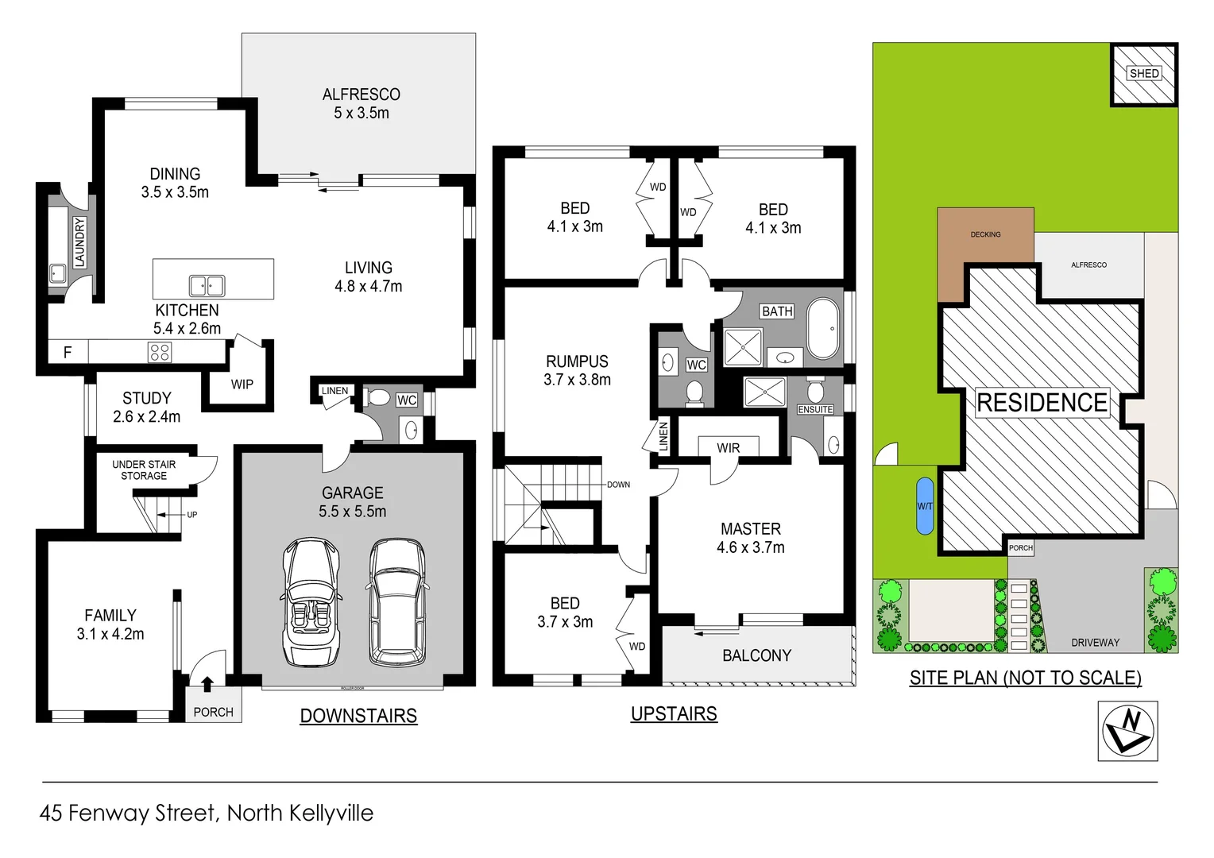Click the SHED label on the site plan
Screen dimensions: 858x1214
point(1144,73)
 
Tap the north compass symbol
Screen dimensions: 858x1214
point(1127,731)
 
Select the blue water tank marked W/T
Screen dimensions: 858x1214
point(925,506)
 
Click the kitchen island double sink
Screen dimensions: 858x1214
point(207,285)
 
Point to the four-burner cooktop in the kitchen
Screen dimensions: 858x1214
point(160,352)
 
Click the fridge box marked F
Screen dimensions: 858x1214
point(68,352)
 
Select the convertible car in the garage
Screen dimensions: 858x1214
point(311,601)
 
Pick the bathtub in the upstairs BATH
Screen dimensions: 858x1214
point(823,329)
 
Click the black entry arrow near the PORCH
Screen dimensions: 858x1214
point(207,683)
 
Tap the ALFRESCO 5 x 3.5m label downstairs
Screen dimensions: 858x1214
point(361,103)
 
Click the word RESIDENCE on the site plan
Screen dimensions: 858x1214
point(1042,403)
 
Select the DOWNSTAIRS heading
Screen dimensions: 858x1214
point(358,716)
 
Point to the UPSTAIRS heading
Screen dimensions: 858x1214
point(674,713)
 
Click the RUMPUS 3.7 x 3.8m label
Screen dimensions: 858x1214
point(578,370)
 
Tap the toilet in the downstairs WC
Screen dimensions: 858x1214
point(380,397)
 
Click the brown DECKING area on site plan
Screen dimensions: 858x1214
point(985,246)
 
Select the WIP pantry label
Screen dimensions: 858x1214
point(242,385)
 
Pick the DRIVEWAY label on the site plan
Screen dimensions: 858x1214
point(1095,642)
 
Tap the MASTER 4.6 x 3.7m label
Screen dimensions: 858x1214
point(750,538)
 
